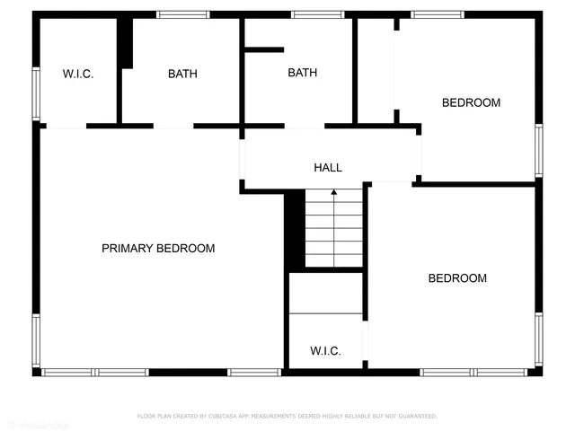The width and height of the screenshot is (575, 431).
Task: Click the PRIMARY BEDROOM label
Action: coord(158,248)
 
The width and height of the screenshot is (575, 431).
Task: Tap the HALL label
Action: coord(328,167)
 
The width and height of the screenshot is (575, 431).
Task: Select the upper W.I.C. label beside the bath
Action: coord(77,74)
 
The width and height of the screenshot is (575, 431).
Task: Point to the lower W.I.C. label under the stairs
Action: coord(325,350)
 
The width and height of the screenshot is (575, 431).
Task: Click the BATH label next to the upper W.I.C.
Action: coord(182,74)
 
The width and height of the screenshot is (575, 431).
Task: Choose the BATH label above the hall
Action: coord(302,73)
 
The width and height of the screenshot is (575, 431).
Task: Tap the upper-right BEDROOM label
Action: coord(471,102)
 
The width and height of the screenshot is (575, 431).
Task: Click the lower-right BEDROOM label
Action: coord(457,278)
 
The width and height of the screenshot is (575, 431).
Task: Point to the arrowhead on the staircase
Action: coord(334,191)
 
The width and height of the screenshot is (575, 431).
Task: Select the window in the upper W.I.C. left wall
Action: coord(37,92)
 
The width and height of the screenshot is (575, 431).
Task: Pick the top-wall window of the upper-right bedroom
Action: coord(438,14)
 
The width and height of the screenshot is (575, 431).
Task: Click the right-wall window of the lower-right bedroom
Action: coord(538,339)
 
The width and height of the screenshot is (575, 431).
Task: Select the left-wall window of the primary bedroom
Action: coord(37,340)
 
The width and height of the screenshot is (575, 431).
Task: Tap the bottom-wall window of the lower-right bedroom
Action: coord(474,372)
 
